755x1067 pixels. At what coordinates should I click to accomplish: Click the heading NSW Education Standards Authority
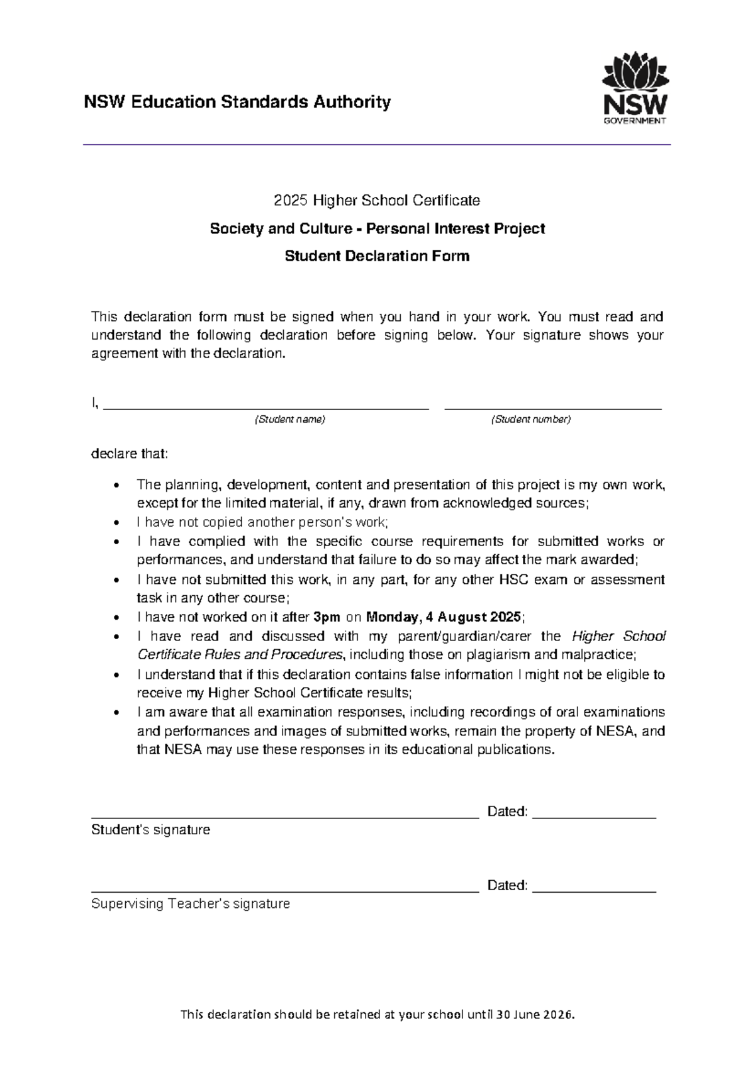(x=237, y=102)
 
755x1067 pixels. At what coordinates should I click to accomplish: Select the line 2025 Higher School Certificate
(x=376, y=201)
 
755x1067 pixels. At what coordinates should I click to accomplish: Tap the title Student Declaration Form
(x=377, y=256)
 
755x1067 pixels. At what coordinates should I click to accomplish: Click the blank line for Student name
(x=266, y=406)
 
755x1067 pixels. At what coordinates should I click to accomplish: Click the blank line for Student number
(x=552, y=406)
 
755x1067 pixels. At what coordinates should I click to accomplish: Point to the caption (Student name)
(x=289, y=420)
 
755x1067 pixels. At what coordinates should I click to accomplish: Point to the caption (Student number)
(x=530, y=420)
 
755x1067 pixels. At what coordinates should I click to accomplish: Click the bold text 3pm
(x=327, y=617)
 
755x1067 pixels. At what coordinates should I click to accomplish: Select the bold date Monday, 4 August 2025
(x=444, y=617)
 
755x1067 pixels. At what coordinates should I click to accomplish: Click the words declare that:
(x=130, y=454)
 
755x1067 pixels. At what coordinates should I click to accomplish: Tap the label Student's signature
(x=150, y=830)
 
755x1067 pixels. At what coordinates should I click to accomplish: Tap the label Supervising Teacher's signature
(x=190, y=904)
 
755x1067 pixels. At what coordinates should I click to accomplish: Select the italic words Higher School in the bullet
(x=618, y=636)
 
